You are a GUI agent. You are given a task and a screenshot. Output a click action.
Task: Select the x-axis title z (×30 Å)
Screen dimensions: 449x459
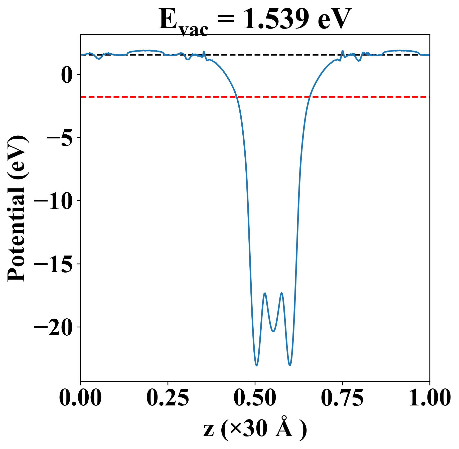(255, 430)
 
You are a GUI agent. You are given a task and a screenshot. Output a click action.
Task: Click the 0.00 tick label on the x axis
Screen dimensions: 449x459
(80, 398)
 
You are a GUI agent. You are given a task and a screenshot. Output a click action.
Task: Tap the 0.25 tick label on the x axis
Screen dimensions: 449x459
(168, 398)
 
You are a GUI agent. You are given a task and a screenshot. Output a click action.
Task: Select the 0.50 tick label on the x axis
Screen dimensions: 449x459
(255, 398)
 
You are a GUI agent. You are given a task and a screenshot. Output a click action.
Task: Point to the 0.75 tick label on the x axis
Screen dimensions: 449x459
(342, 398)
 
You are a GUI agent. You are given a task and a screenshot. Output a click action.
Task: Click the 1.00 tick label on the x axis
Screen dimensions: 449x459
(429, 398)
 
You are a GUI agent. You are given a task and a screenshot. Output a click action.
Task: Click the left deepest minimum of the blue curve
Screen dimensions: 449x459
(257, 365)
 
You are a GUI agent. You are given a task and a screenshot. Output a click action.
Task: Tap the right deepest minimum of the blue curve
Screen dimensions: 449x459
(290, 365)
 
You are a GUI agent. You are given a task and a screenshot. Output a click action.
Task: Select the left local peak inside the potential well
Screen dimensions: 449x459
(265, 293)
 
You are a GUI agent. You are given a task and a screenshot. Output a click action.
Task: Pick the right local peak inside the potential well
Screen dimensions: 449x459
(282, 293)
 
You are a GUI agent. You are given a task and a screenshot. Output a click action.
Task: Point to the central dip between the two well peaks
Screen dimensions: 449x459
(273, 331)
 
